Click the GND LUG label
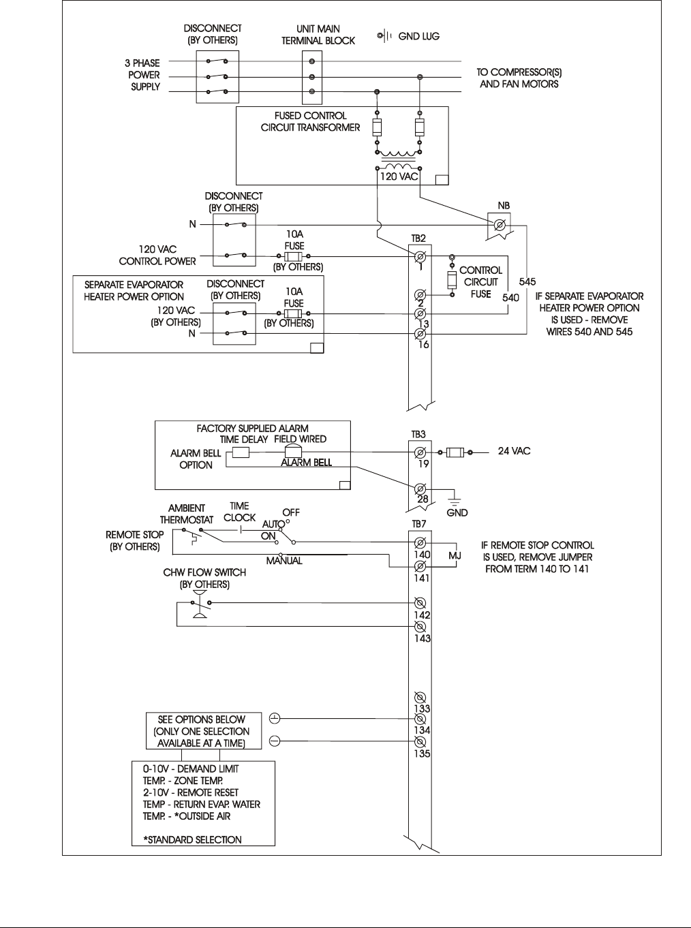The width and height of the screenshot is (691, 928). coord(418,36)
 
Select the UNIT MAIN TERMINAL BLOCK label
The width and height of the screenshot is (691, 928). coord(318,35)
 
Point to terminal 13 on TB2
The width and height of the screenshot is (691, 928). coord(421,313)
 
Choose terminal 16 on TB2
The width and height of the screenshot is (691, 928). coord(421,334)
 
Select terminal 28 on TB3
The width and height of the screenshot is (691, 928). coord(421,489)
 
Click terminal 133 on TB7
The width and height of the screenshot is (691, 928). coord(421,698)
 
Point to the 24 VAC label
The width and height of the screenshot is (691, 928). coord(514,451)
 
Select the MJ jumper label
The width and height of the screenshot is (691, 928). coord(455,556)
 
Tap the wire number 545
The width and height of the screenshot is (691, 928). coord(527,281)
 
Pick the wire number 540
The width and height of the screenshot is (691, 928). coord(511,297)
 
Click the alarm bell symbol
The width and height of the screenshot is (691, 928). coord(292,452)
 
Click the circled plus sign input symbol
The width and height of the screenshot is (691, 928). coord(274,718)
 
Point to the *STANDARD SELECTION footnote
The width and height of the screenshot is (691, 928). coord(192,839)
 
